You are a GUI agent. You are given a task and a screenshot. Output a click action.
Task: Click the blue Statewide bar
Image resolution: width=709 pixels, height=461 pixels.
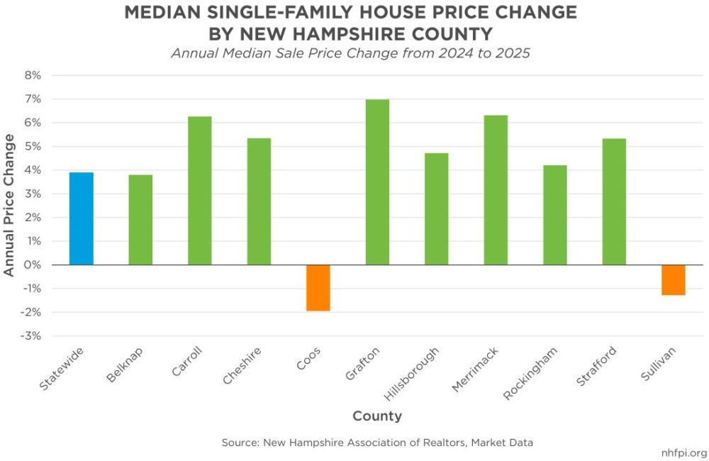point(82,218)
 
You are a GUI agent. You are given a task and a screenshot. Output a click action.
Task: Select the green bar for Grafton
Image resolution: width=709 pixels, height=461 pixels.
point(378,182)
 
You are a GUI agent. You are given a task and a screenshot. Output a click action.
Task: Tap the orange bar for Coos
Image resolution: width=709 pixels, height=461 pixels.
point(318,288)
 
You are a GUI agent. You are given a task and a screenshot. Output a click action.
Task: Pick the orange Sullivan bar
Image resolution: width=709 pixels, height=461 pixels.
point(674,280)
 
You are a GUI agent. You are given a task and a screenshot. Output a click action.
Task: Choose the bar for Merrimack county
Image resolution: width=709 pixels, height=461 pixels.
point(496,190)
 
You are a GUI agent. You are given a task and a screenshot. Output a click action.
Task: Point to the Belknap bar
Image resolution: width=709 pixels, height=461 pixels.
point(140,220)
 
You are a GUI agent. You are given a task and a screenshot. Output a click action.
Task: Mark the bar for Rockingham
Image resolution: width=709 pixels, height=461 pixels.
point(555,215)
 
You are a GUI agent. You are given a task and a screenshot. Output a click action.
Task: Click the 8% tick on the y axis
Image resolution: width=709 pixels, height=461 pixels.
point(33,76)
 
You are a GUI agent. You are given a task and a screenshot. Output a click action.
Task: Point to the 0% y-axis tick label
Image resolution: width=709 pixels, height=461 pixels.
point(33,265)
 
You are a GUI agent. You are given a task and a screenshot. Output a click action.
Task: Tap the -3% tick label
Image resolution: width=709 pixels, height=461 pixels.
point(30,336)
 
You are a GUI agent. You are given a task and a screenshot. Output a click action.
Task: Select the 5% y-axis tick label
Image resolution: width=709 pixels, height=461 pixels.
point(33,147)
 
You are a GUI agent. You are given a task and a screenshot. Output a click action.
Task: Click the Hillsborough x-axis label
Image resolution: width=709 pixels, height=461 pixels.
point(411,374)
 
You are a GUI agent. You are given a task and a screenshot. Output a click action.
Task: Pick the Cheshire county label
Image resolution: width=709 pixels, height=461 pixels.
point(242,365)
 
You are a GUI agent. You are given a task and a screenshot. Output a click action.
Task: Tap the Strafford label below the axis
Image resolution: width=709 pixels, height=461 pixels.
point(596,366)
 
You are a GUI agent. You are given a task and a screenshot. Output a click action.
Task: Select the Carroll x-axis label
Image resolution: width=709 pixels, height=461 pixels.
point(186,362)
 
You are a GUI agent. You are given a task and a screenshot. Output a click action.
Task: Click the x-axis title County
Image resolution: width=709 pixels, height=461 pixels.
point(377,416)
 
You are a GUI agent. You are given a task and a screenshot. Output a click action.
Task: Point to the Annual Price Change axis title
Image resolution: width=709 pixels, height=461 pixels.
point(9,205)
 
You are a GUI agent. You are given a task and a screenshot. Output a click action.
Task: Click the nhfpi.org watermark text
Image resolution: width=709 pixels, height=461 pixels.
point(684,453)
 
